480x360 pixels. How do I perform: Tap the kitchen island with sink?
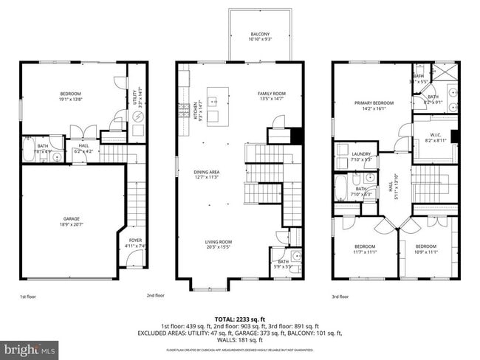point(217,106)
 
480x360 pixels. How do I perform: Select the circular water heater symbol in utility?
point(137,116)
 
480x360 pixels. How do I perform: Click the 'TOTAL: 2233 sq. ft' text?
point(240,317)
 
